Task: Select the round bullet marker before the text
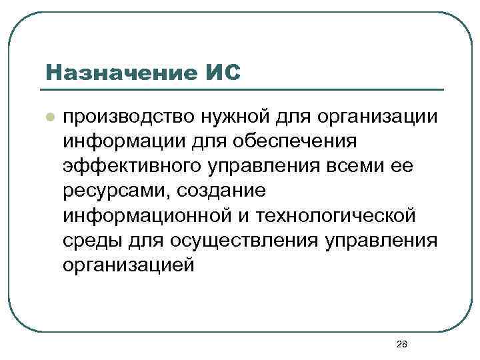pos(49,116)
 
